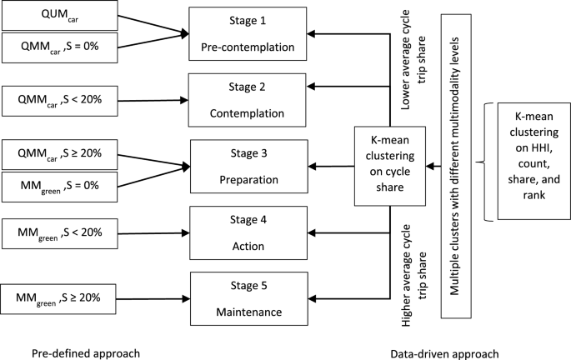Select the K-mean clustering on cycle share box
pyautogui.click(x=391, y=165)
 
